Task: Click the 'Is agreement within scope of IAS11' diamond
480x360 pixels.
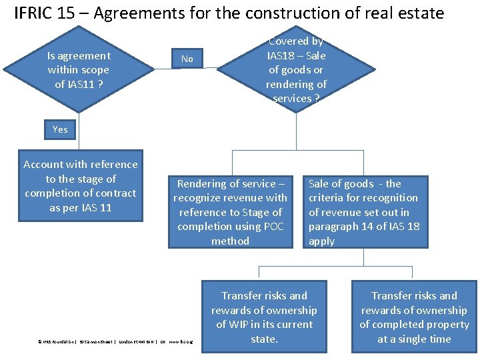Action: coord(79,69)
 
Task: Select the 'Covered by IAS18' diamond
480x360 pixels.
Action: coord(296,69)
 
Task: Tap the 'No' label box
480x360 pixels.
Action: coord(187,59)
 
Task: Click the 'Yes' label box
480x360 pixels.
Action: coord(60,129)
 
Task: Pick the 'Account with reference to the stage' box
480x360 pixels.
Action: coord(81,185)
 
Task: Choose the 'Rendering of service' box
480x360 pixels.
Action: coord(230,212)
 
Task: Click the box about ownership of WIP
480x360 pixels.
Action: coord(264,317)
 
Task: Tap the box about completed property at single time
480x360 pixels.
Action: coord(414,317)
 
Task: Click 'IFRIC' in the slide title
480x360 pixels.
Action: coord(33,13)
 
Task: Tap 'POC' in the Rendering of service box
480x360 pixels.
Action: coord(273,227)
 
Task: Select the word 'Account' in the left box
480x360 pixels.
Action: coord(44,164)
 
